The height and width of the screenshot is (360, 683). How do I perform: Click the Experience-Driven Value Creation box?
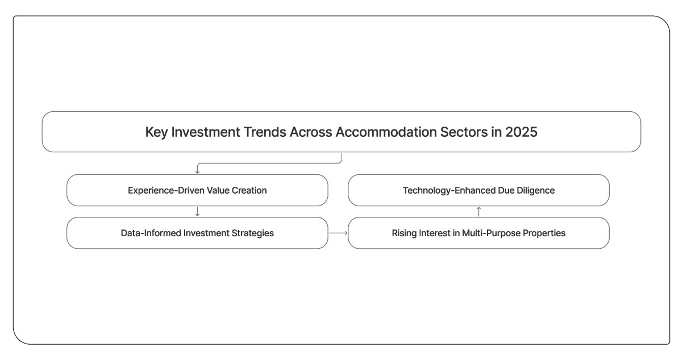pyautogui.click(x=197, y=190)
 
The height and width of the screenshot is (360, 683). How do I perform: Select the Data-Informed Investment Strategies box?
pyautogui.click(x=197, y=233)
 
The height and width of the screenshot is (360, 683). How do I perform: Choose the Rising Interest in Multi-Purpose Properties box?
pyautogui.click(x=478, y=233)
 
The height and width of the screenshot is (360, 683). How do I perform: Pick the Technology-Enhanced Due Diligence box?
pyautogui.click(x=478, y=190)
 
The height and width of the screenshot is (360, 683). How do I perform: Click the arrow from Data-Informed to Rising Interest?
pyautogui.click(x=338, y=233)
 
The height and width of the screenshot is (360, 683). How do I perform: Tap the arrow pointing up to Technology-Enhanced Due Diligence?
pyautogui.click(x=478, y=211)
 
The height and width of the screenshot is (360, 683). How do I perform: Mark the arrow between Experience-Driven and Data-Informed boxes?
pyautogui.click(x=197, y=211)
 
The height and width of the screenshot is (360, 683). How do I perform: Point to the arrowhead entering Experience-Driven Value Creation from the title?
pyautogui.click(x=197, y=171)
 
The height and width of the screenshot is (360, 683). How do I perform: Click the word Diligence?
pyautogui.click(x=535, y=190)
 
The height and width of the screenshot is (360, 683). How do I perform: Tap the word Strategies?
pyautogui.click(x=253, y=233)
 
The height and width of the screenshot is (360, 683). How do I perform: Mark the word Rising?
pyautogui.click(x=404, y=233)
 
